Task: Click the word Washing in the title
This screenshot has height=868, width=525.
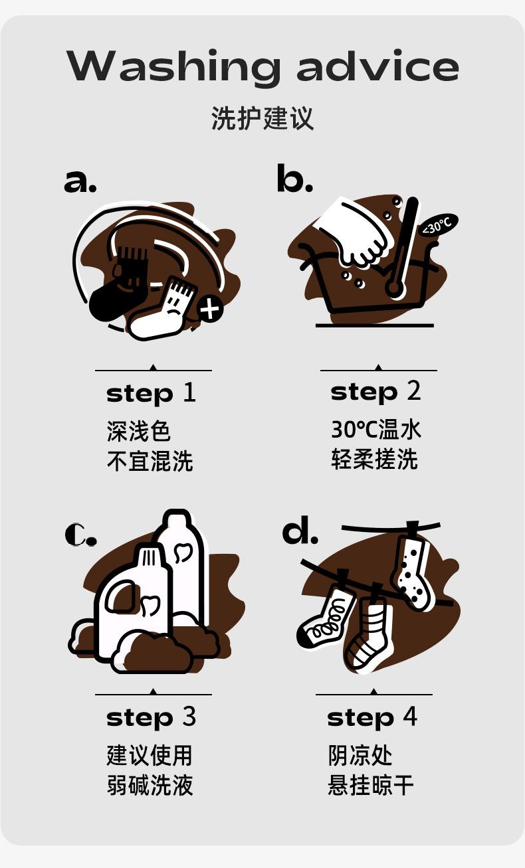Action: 173,66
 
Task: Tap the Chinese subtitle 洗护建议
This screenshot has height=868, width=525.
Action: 262,118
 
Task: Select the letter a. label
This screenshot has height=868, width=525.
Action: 80,181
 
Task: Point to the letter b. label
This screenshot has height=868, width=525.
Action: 294,178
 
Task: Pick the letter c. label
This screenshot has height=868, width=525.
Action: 80,535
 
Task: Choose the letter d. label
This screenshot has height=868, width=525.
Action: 300,530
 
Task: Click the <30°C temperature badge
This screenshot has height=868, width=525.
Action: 437,225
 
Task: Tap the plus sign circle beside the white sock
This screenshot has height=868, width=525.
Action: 210,309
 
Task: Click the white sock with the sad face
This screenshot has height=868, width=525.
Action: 163,310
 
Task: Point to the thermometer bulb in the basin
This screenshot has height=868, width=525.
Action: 394,288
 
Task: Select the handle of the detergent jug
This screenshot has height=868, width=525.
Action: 120,597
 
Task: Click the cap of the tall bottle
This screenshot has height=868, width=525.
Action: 177,520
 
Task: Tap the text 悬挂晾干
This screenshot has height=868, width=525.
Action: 371,785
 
